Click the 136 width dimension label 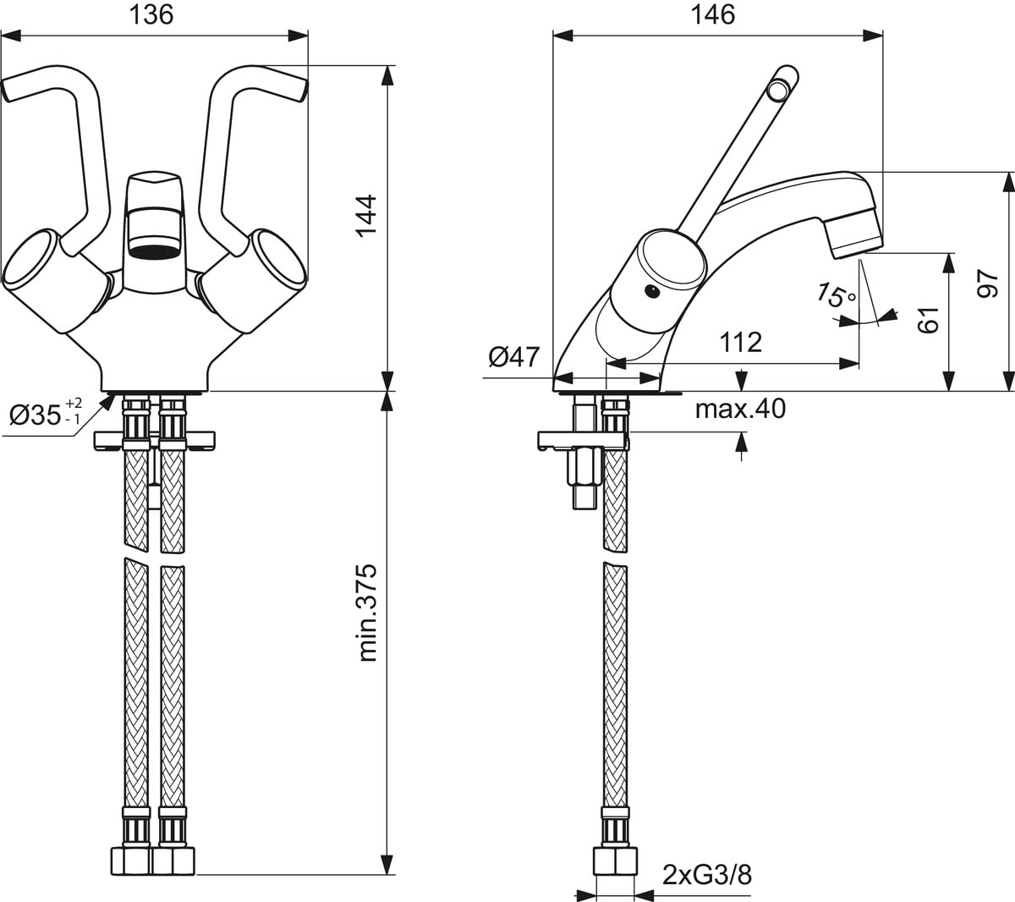point(151,14)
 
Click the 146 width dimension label point(713,14)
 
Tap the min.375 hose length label point(367,613)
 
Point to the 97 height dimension point(987,283)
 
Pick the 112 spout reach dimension point(740,342)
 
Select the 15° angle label point(835,294)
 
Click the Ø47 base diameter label point(514,357)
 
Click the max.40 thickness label point(740,409)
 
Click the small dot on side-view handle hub point(651,290)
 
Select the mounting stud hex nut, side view point(584,467)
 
